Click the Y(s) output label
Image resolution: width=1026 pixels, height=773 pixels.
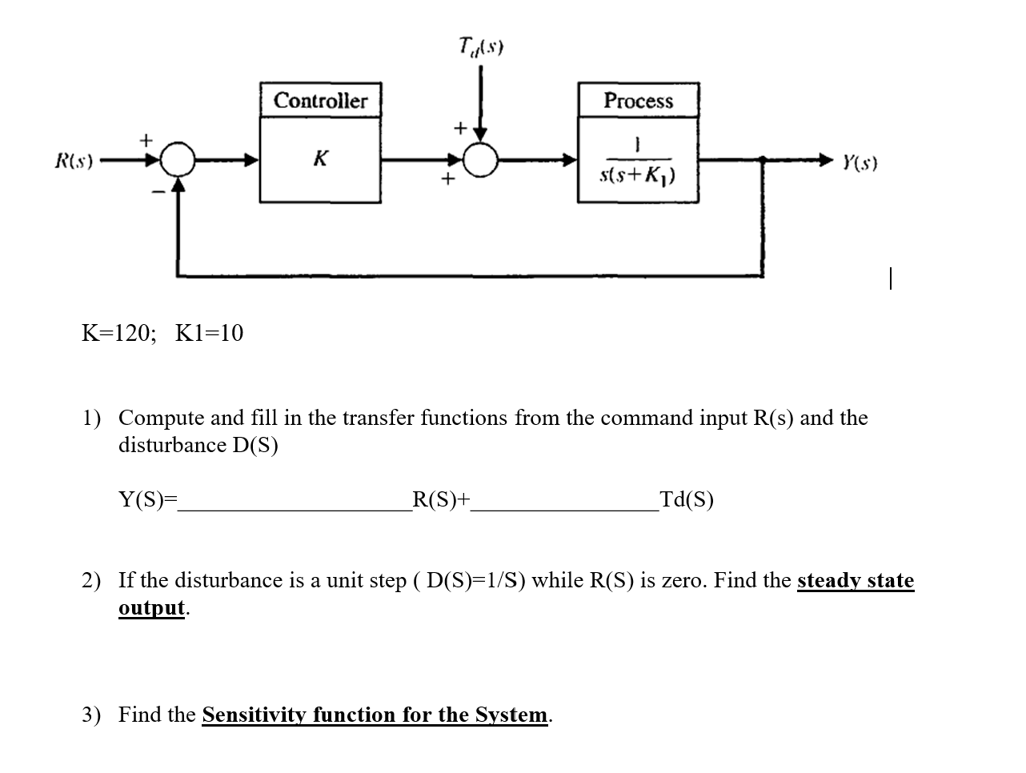pos(859,164)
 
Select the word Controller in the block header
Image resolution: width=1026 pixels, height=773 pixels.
pos(320,101)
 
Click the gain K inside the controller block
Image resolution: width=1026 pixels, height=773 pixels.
pos(319,158)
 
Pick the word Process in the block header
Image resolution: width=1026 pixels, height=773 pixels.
pos(638,101)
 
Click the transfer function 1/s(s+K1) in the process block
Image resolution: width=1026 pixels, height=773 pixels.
pos(638,161)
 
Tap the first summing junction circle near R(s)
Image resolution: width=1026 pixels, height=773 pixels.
pos(178,160)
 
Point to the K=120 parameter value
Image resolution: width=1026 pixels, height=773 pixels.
pos(118,333)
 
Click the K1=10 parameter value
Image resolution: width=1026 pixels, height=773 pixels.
pos(209,333)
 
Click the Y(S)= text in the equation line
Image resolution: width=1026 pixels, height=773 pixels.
pos(147,500)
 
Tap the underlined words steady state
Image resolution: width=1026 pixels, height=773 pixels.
pos(855,580)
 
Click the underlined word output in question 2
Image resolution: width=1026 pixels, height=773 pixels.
pos(151,607)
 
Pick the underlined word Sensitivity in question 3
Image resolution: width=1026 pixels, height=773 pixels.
pos(254,715)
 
